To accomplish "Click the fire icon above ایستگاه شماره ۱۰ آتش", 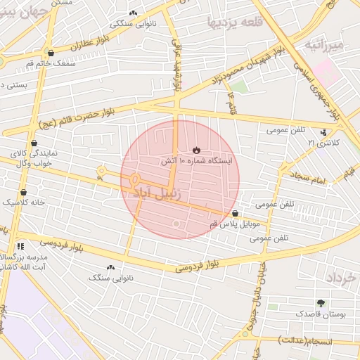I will [x=196, y=150].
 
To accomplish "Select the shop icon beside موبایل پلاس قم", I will [x=235, y=213].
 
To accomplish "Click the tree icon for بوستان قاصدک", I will [x=321, y=303].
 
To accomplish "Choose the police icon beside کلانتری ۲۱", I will [x=323, y=132].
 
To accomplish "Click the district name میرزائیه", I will [x=323, y=46].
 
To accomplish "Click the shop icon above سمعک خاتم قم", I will [x=50, y=53].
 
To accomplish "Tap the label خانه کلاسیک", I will [x=23, y=202].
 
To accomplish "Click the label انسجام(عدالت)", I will [x=304, y=340].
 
